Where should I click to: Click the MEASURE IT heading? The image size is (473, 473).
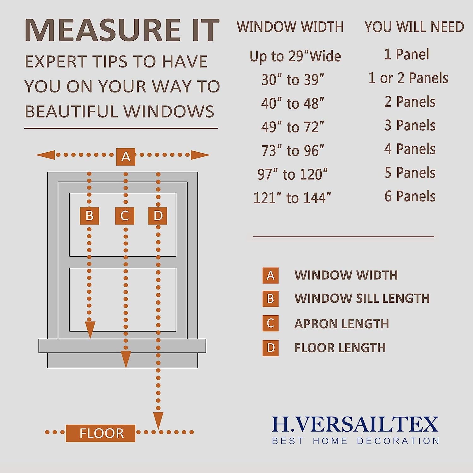coord(122,30)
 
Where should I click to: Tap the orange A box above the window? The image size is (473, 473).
coord(126,157)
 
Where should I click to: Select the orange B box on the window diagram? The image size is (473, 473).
coord(89,216)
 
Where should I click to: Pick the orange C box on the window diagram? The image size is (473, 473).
coord(125,216)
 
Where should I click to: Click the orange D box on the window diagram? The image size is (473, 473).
coord(158,216)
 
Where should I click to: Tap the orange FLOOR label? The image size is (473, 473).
coord(101,433)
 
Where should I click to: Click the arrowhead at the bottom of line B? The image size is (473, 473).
coord(90,330)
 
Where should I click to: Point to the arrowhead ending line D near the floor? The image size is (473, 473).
coord(158,420)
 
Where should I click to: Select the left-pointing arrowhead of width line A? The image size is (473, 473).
coord(45,155)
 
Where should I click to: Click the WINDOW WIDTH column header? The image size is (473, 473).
coord(290,27)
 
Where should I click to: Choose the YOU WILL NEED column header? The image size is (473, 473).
coord(414,27)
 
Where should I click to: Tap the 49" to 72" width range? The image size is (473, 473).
coord(293,127)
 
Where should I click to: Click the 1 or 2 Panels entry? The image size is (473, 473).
coord(408,78)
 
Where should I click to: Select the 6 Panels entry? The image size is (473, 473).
coord(410,196)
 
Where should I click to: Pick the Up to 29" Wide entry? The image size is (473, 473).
coord(295,56)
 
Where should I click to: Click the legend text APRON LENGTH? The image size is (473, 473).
coord(342,324)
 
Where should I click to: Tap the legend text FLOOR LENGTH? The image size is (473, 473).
coord(340,348)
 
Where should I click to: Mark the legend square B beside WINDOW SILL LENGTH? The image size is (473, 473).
coord(271,299)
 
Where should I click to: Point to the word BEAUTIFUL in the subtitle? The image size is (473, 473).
coord(71,112)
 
